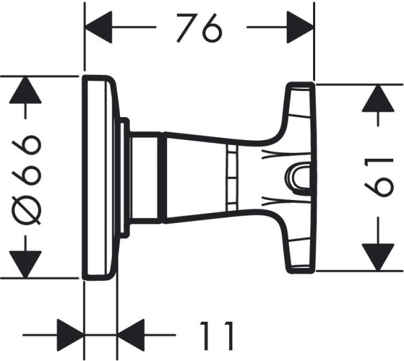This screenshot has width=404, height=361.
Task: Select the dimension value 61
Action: point(378,176)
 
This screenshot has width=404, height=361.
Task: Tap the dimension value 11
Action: point(217,334)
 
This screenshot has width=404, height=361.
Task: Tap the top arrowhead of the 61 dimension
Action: point(378,100)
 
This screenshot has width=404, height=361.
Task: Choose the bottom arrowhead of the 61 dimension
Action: point(378,255)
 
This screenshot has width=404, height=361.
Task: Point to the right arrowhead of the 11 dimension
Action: point(131,334)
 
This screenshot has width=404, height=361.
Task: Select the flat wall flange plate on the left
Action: point(101,177)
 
